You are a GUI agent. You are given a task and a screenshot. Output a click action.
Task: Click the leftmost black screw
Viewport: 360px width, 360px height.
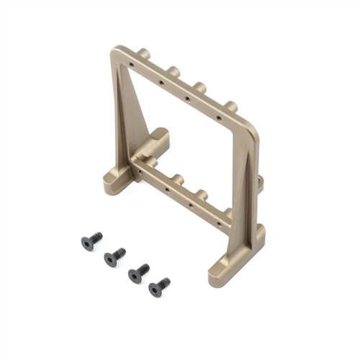[91, 241]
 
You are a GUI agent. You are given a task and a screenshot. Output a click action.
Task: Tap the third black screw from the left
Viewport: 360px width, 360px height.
[138, 273]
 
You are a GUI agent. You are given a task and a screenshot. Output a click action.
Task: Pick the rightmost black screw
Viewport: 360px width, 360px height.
[159, 287]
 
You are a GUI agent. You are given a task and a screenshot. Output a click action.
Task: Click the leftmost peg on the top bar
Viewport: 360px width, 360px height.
[144, 54]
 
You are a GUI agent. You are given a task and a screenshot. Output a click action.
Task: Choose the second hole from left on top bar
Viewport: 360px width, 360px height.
[160, 81]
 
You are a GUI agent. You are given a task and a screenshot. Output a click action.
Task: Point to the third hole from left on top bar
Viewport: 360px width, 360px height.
[187, 97]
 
